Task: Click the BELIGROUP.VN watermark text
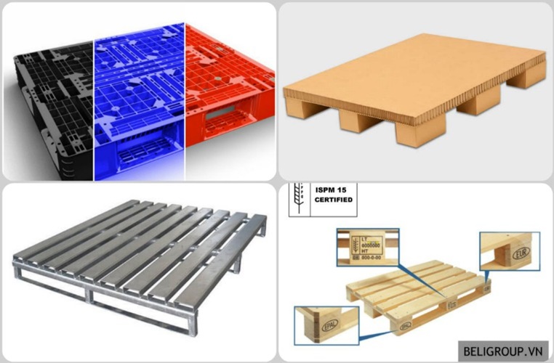coord(504,351)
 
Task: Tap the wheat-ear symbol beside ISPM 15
coord(299,195)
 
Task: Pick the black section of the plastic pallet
coord(51,102)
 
